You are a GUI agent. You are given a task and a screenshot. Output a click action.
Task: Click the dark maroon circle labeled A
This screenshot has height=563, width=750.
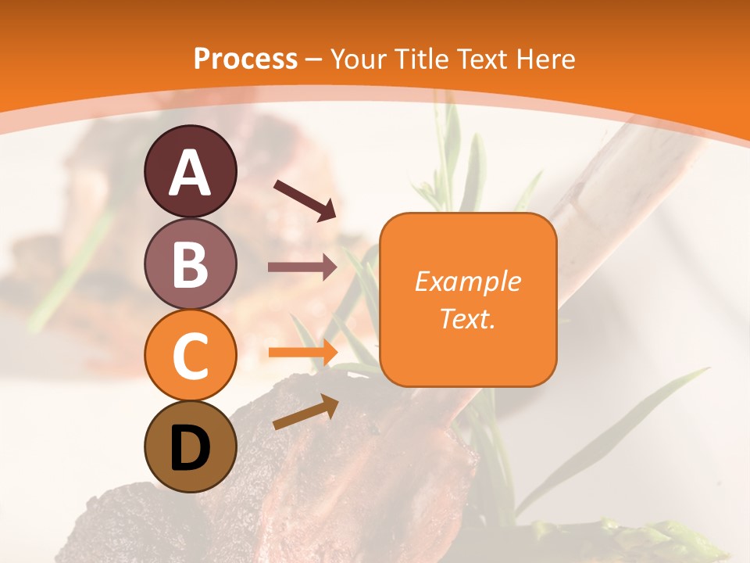pos(190,171)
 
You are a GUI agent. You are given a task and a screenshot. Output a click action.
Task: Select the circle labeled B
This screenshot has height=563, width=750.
pos(190,264)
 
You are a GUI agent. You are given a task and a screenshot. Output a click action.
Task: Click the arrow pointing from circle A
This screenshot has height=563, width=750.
pos(305,200)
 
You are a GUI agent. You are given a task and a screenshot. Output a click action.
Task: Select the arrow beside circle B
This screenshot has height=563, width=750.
pos(302,267)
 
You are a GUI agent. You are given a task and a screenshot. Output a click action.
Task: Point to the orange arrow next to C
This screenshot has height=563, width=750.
pos(302,352)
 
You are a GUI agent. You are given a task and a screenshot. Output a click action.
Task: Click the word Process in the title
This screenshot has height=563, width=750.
pos(245,59)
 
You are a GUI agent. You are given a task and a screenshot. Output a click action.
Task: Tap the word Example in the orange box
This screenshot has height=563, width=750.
pos(467,281)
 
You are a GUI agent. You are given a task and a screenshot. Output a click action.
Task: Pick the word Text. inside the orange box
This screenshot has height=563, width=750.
pos(467,318)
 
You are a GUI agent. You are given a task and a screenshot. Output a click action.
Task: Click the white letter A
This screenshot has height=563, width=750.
pos(190,173)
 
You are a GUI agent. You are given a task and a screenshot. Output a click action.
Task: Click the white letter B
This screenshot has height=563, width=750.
pos(190,264)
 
